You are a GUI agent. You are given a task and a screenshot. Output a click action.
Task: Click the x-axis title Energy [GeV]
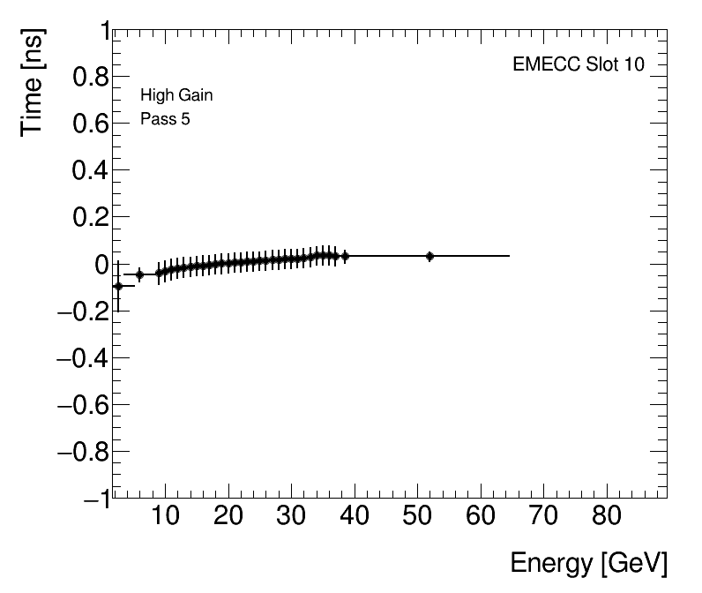tap(588, 563)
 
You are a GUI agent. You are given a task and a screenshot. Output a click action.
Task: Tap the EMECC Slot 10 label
tap(578, 65)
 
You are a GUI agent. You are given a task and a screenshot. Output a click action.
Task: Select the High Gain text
tap(176, 95)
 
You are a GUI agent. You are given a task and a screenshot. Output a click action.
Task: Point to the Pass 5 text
tap(165, 119)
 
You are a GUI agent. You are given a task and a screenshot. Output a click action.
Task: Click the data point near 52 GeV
tap(429, 256)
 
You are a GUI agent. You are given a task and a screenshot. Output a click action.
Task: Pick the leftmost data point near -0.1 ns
tap(118, 286)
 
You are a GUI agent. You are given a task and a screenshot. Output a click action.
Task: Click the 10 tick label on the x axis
tap(166, 517)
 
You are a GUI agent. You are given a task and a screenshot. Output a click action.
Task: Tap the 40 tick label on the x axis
tap(355, 517)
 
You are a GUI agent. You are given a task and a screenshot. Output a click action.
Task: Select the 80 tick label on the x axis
tap(606, 517)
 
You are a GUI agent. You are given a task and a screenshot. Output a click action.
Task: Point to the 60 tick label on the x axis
tap(481, 517)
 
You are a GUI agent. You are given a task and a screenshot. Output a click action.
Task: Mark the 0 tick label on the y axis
tap(99, 265)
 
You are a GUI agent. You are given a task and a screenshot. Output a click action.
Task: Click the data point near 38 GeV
tap(345, 256)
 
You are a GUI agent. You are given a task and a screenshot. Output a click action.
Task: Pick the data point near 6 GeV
tap(139, 275)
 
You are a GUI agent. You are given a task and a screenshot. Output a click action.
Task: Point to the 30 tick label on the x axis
tap(292, 517)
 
